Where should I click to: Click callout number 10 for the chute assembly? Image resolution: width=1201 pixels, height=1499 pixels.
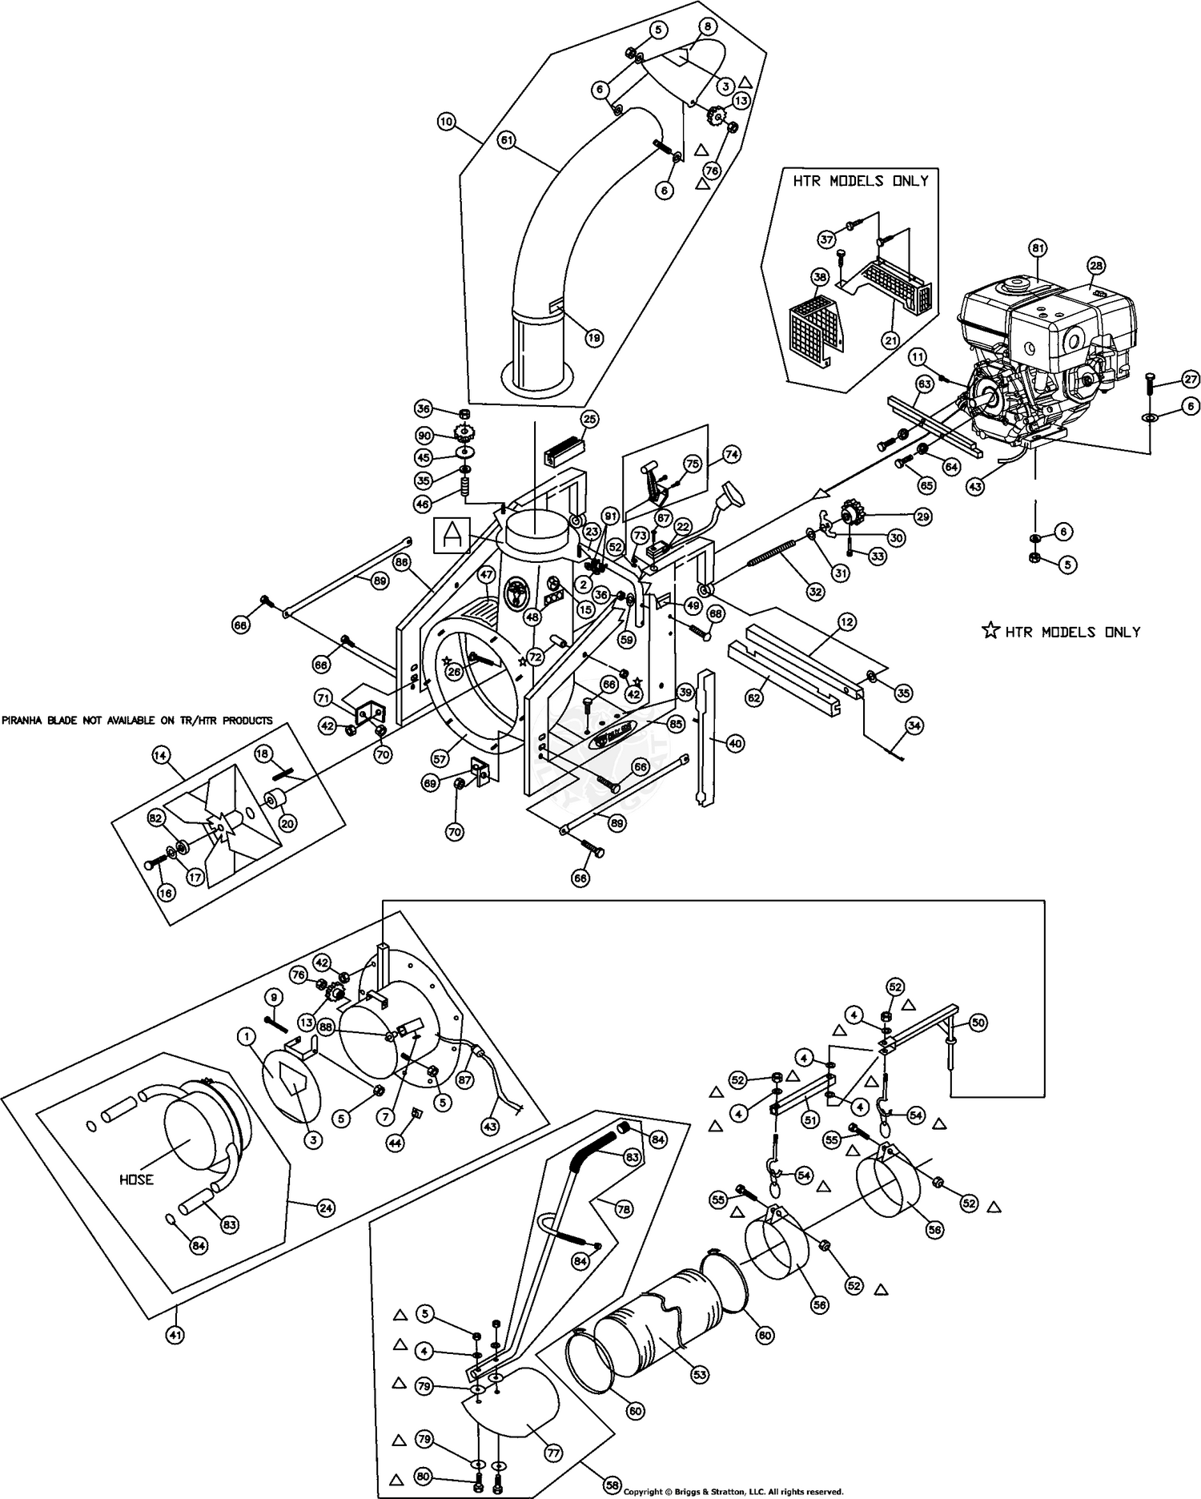(447, 122)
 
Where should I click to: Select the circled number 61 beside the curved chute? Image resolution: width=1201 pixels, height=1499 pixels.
(506, 139)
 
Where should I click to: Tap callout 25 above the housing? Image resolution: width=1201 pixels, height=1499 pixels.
(590, 419)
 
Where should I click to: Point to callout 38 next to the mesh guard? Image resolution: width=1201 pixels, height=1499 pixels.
(819, 278)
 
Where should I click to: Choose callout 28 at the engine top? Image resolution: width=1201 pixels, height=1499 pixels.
(1095, 265)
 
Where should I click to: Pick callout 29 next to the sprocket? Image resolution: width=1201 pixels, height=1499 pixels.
(922, 517)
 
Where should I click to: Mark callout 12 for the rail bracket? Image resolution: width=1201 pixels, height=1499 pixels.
(846, 621)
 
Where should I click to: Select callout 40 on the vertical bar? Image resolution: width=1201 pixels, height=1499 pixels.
(735, 743)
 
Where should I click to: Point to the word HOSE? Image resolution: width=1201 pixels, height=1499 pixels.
(137, 1180)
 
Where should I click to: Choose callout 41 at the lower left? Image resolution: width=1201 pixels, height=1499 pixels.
(175, 1335)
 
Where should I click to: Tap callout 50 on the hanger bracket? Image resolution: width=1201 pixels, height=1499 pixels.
(978, 1023)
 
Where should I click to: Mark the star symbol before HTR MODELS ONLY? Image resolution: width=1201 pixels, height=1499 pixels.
(990, 631)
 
